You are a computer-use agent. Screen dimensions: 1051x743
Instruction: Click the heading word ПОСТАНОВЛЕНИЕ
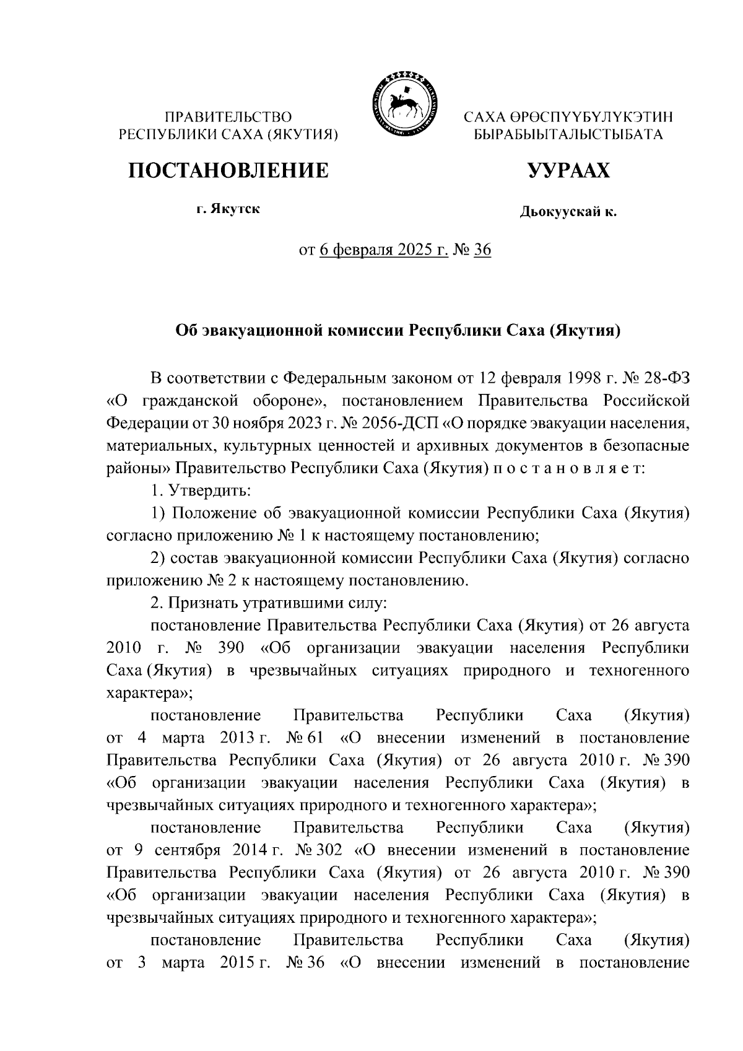(x=228, y=170)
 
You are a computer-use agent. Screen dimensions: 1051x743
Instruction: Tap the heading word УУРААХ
(x=568, y=170)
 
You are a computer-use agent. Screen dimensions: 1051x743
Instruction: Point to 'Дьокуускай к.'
(x=568, y=212)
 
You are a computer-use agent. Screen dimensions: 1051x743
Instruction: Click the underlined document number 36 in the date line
(x=482, y=250)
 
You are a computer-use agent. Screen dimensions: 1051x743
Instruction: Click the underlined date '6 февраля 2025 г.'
(x=385, y=250)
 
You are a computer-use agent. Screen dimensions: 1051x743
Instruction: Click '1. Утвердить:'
(x=201, y=491)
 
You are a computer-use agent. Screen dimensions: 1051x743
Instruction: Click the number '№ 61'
(x=303, y=738)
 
